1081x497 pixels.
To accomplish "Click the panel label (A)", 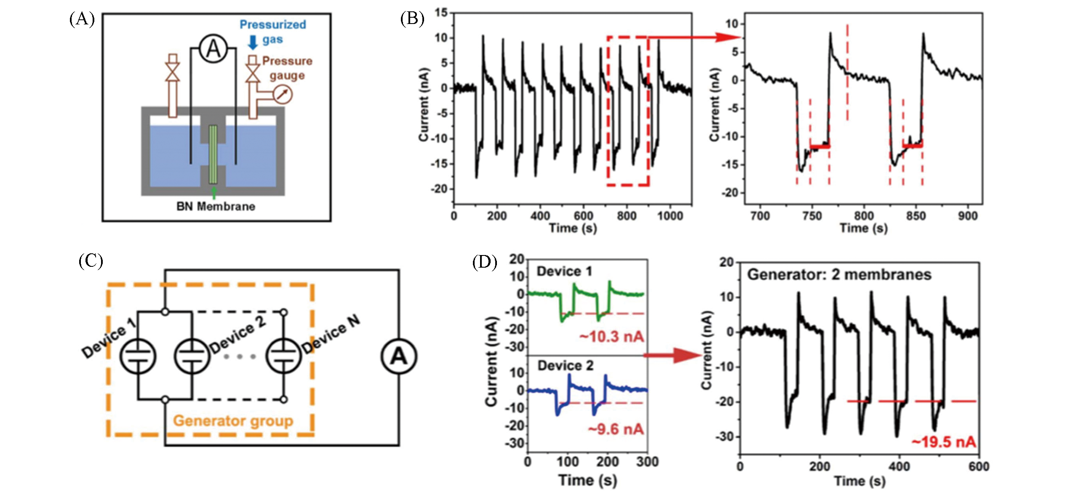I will pos(82,19).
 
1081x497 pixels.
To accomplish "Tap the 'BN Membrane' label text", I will pos(216,207).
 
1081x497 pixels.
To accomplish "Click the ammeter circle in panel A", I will pos(213,50).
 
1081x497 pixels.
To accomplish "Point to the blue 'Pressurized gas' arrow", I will pos(253,42).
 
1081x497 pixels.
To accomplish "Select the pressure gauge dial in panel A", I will pos(283,94).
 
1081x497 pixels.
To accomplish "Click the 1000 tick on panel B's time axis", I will pos(670,216).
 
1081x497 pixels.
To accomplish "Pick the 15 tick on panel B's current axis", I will pos(441,13).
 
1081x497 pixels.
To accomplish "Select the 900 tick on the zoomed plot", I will pos(967,216).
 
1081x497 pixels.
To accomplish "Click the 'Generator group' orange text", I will pos(233,420).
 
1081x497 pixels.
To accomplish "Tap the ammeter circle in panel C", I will pos(398,356).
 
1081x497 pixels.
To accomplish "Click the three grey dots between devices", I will pos(240,356).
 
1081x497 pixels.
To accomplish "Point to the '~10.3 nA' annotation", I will pos(611,337).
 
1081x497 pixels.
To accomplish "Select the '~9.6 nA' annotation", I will pos(616,429).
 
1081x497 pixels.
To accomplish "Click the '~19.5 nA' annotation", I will pos(943,442).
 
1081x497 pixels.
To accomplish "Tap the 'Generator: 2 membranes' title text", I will pos(839,275).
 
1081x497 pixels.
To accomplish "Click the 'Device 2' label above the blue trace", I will pos(565,366).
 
